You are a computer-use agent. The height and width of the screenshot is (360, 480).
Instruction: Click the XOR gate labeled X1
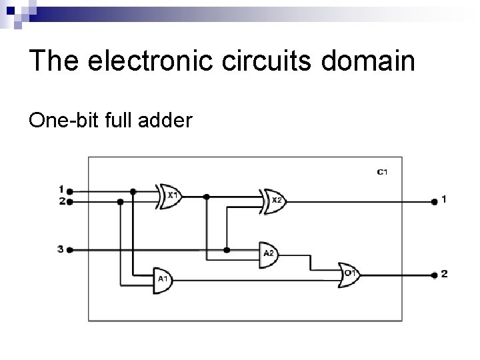coord(170,195)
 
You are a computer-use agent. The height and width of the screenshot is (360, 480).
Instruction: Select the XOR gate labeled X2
coord(273,200)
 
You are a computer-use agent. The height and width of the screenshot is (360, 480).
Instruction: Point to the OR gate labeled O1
coord(349,274)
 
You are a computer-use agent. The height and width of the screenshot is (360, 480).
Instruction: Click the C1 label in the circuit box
coord(382,172)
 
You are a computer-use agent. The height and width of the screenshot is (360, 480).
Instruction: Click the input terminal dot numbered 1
coord(70,191)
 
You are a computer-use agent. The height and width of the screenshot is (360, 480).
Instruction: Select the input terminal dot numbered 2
coord(70,200)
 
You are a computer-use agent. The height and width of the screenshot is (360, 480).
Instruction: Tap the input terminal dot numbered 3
coord(70,250)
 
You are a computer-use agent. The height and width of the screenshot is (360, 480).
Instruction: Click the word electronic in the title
coord(145,61)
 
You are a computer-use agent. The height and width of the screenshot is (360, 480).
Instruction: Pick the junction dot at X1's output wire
coord(207,196)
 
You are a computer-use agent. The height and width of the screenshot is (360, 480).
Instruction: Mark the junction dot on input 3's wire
coord(227,250)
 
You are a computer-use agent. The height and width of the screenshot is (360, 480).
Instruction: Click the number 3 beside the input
coord(60,249)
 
